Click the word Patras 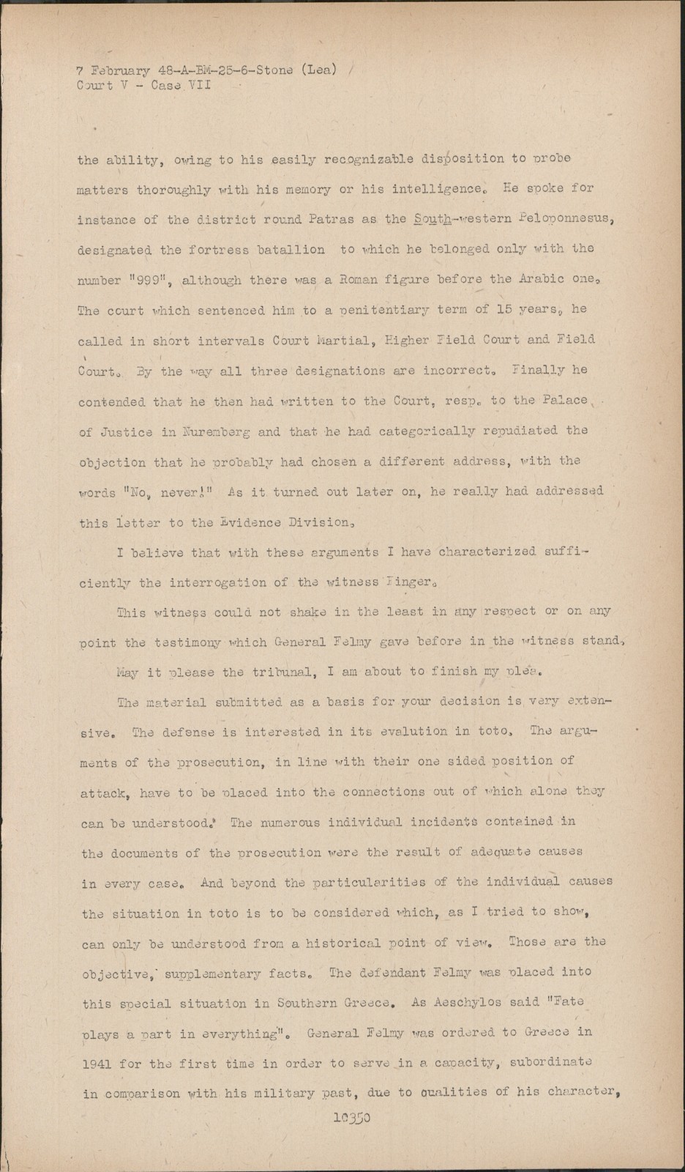(x=286, y=220)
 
